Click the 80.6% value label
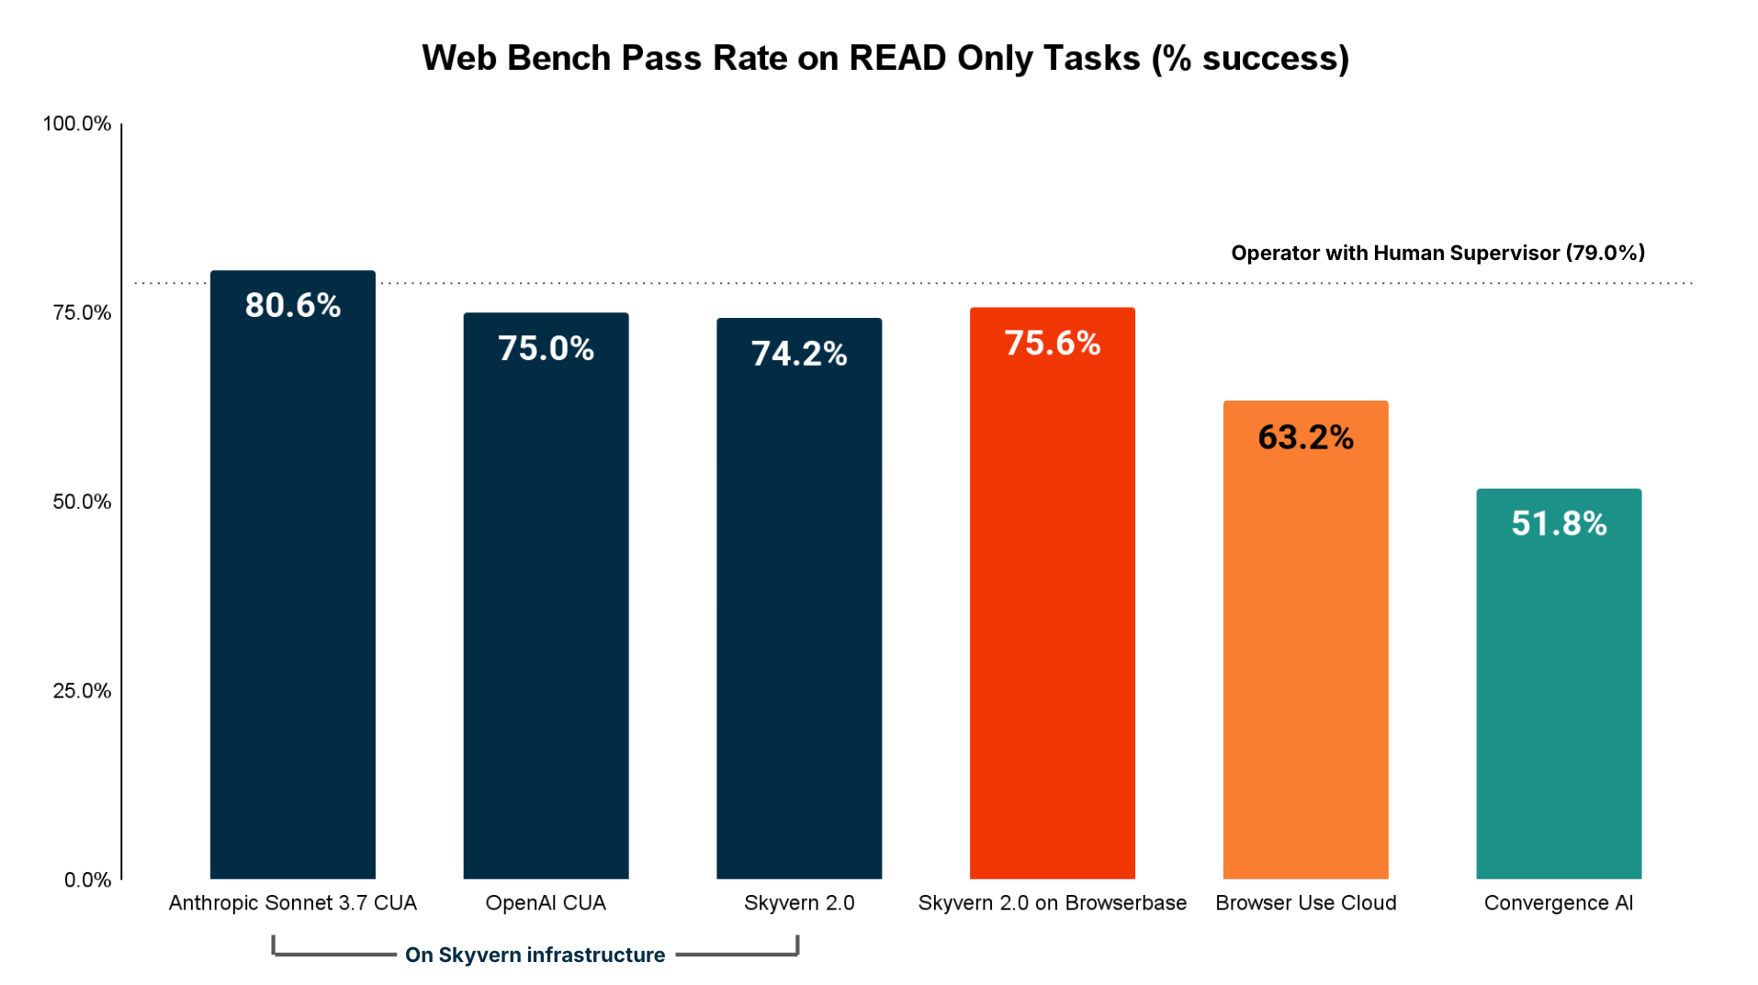(x=292, y=305)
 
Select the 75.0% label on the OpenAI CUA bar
(x=546, y=348)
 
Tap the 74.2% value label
(x=798, y=354)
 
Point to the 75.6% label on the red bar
(x=1052, y=343)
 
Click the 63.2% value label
(x=1305, y=437)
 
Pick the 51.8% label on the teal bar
(x=1559, y=524)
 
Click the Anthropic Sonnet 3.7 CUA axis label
(x=292, y=903)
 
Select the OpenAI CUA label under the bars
(x=546, y=903)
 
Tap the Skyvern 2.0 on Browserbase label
(x=1052, y=903)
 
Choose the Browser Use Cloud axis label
(x=1305, y=903)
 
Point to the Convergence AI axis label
(x=1559, y=903)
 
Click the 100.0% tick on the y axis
(x=77, y=124)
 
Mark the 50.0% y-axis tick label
(x=82, y=502)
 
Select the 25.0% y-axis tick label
(x=82, y=691)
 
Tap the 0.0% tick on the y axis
(x=87, y=880)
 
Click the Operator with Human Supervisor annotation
(x=1437, y=253)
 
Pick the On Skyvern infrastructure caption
(x=535, y=956)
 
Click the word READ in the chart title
(x=897, y=58)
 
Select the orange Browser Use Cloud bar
(x=1305, y=662)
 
